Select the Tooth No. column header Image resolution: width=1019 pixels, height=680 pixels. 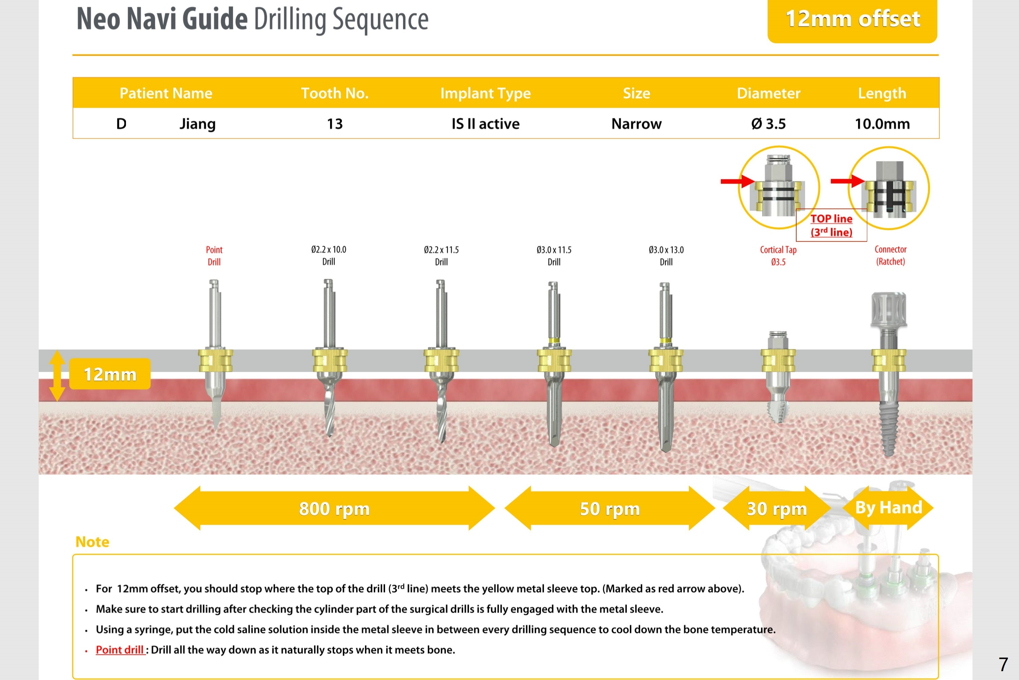(334, 93)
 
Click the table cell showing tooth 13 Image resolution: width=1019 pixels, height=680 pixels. (334, 124)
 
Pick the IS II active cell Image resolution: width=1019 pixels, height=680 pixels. (485, 124)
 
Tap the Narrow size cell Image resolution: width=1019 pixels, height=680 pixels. (636, 124)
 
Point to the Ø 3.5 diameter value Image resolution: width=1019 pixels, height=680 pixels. (768, 124)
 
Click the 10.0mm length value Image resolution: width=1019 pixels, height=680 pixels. (882, 124)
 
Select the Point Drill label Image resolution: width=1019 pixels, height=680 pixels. (214, 256)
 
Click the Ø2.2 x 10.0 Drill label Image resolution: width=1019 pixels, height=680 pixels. (328, 256)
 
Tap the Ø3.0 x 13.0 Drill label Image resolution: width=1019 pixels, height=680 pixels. (666, 256)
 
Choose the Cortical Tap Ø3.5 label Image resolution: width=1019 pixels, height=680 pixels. (778, 256)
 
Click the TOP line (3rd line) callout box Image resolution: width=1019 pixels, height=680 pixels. (831, 225)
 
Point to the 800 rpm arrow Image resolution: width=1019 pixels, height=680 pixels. (334, 508)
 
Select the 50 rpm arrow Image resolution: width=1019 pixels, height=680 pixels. (609, 508)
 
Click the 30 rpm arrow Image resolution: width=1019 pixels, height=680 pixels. (776, 508)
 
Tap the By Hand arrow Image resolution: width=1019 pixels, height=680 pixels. (888, 507)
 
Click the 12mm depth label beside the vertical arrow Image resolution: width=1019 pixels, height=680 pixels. (110, 374)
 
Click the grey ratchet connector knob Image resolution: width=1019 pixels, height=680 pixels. (889, 309)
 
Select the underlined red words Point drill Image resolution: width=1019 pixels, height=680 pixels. (120, 650)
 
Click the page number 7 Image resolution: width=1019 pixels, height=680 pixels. (1003, 664)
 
